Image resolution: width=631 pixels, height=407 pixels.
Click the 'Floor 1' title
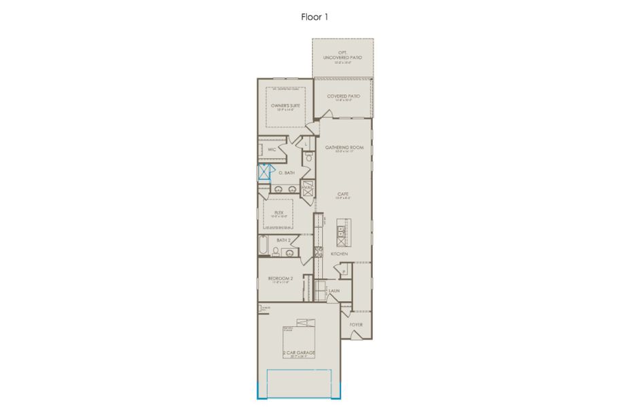(315, 16)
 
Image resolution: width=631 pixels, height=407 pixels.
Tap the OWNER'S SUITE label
(285, 106)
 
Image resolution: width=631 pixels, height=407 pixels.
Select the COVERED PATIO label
(344, 96)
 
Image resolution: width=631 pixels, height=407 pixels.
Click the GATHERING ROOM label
(344, 147)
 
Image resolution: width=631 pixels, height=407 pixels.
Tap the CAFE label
(344, 194)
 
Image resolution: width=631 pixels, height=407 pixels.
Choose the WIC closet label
(272, 149)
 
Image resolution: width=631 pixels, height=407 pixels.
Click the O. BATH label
(287, 173)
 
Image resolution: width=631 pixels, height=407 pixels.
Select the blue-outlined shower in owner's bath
(264, 172)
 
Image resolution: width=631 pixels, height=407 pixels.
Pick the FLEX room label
(278, 212)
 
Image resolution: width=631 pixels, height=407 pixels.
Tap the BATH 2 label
(283, 239)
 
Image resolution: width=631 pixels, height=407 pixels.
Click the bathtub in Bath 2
(262, 245)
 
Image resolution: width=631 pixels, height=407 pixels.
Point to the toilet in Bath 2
(276, 252)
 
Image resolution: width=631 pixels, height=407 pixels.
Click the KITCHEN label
(340, 254)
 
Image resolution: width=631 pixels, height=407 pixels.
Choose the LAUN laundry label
(334, 291)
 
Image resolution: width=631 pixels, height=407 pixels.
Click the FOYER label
(356, 324)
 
